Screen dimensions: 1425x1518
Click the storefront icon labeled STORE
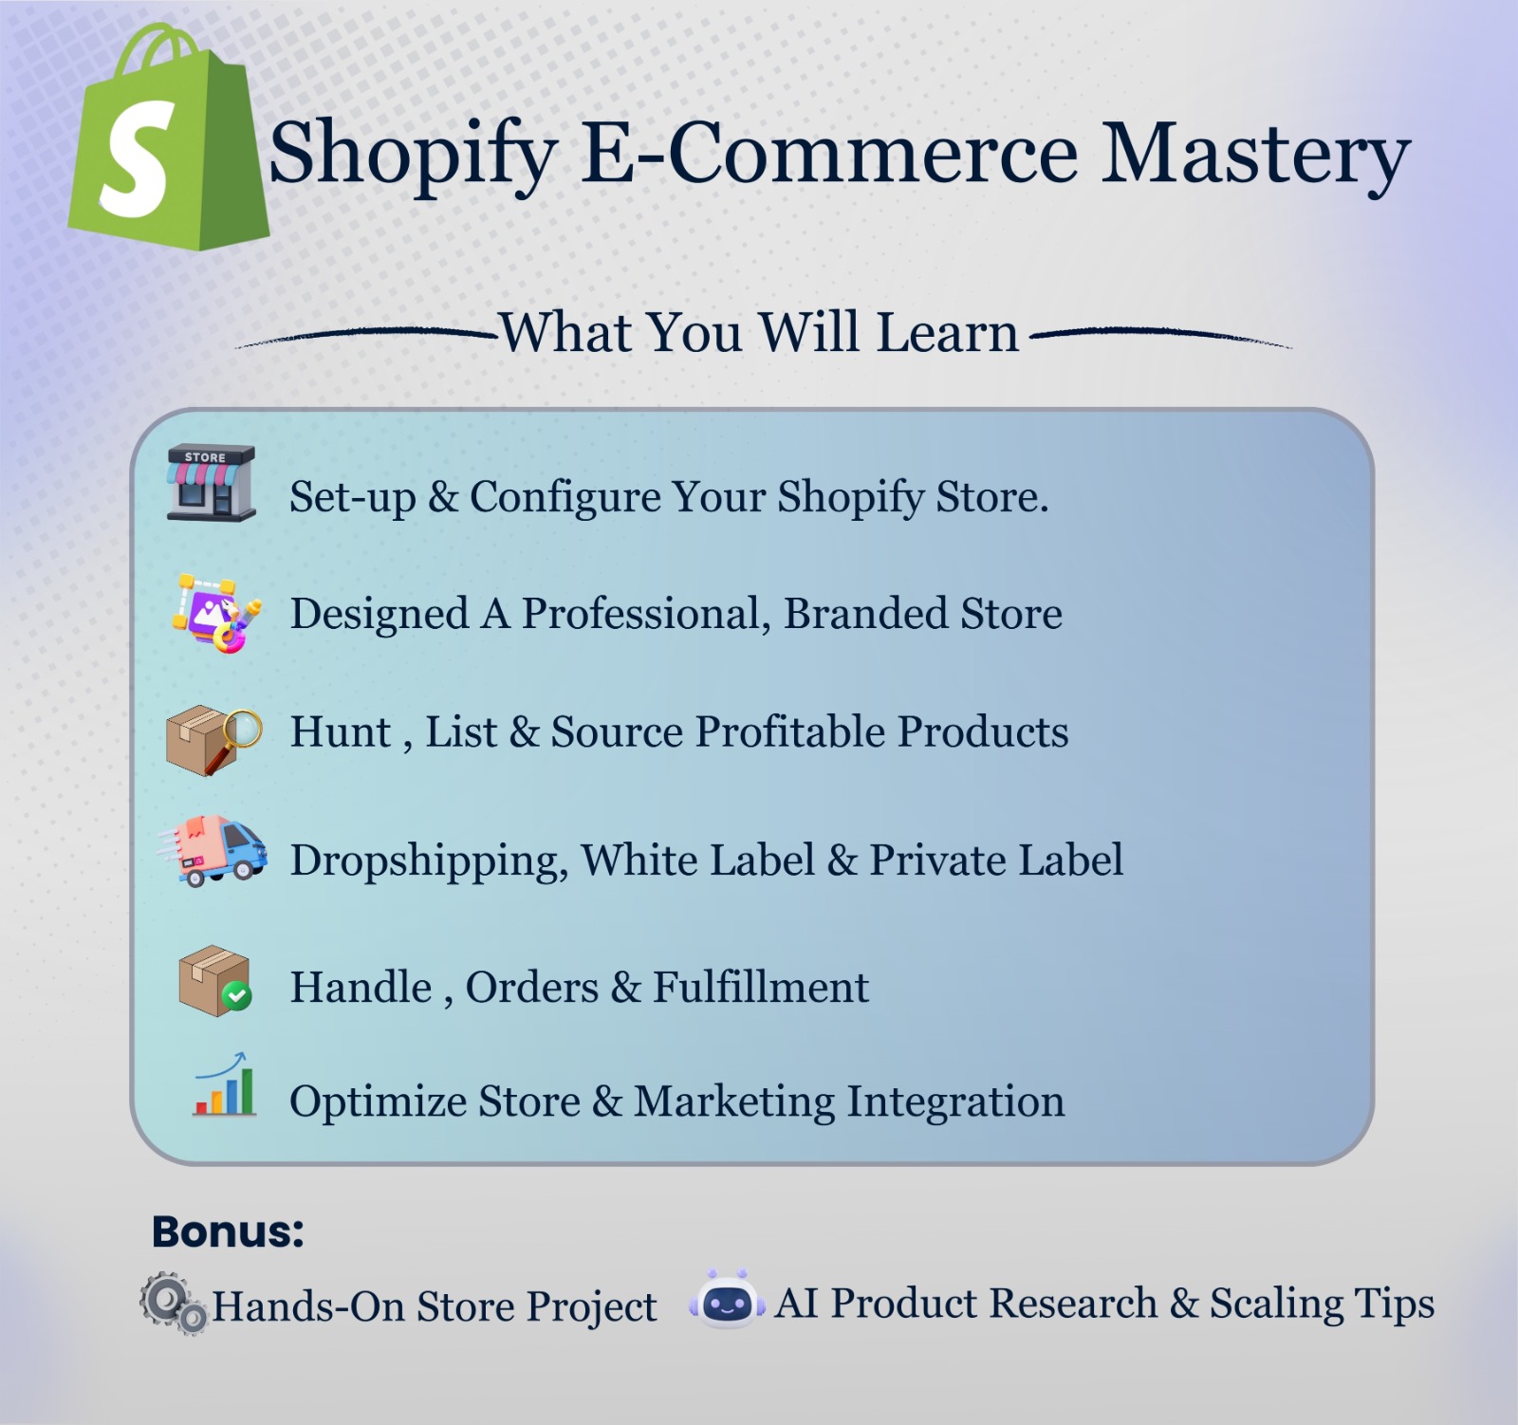(x=211, y=483)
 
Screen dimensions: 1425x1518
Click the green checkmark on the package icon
(x=236, y=995)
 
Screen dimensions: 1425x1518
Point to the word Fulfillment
(x=760, y=988)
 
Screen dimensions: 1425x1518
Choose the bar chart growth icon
(x=225, y=1087)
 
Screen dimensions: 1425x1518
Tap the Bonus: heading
(x=228, y=1231)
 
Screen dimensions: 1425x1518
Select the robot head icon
(x=728, y=1301)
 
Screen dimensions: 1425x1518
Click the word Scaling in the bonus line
(x=1275, y=1304)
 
